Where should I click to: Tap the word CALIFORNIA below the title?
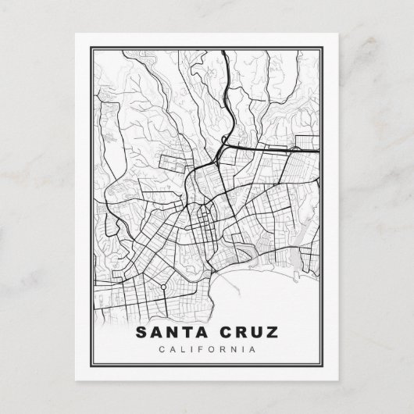click(x=207, y=349)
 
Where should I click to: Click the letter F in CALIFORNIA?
click(x=200, y=349)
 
